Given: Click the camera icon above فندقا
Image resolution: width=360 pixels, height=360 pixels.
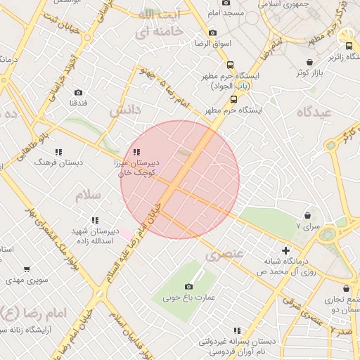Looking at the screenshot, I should (78, 92).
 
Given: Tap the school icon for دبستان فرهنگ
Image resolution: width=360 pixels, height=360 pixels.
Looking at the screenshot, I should (58, 152).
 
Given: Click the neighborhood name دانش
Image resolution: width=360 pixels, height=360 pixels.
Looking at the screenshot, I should (124, 110).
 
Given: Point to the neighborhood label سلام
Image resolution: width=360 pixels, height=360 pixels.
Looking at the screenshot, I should (89, 195).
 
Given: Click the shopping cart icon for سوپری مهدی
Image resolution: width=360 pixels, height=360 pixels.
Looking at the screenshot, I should (27, 269).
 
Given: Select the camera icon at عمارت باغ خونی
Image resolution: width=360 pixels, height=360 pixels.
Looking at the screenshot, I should (188, 286).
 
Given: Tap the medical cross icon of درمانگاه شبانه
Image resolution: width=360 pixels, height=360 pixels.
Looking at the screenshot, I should (285, 250).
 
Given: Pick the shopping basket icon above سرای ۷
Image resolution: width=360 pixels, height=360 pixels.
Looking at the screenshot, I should (308, 215).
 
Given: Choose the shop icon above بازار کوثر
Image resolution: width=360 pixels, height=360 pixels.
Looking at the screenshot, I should (310, 63).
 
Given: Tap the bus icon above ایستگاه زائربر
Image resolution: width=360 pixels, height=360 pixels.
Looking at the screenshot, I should (349, 46).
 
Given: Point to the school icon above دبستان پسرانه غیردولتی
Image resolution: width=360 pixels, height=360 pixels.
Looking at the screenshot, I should (237, 330).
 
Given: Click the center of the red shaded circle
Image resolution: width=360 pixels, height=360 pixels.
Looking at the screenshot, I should (180, 179).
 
